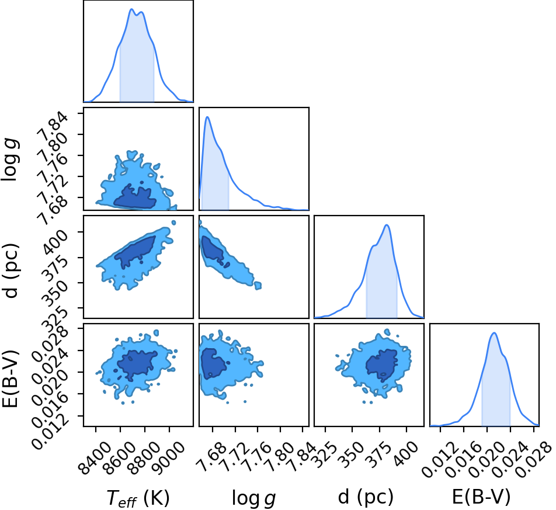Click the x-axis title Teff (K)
[x=138, y=498]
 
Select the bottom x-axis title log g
[x=253, y=498]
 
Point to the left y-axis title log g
[x=11, y=159]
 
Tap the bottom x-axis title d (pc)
[x=366, y=497]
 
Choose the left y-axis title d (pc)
[x=11, y=270]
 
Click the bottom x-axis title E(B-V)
[x=481, y=497]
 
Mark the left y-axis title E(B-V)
[x=10, y=379]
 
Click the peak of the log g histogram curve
[x=208, y=117]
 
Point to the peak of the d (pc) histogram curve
[x=387, y=225]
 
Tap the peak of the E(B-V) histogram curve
[x=494, y=332]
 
